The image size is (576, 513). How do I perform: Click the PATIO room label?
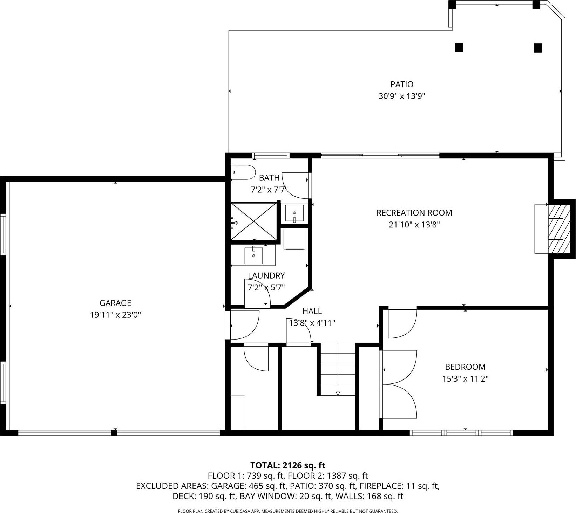coord(402,84)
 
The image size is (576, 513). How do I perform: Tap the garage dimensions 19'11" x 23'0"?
coord(115,315)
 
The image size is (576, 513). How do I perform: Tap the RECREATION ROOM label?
coord(414,213)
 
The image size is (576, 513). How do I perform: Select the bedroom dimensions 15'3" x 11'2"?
coord(465,378)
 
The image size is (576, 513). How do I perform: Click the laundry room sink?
coord(253,255)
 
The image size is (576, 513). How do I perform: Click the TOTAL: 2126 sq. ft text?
coord(287,465)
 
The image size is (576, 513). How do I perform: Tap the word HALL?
coord(312,311)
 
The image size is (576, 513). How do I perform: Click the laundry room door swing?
coord(257,293)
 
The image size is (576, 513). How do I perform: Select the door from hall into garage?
coord(244,326)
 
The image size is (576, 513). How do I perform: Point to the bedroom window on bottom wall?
coord(461,433)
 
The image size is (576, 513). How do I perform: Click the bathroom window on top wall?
coord(270,156)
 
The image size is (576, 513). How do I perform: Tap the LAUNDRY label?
coord(266,275)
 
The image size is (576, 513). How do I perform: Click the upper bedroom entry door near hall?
coord(402,322)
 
